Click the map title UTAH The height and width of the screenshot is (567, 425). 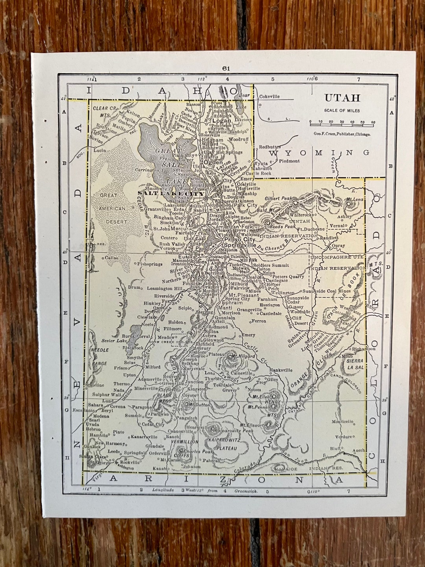[x=342, y=98]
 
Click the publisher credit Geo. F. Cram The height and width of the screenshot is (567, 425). [x=342, y=134]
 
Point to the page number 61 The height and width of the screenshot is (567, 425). [x=226, y=68]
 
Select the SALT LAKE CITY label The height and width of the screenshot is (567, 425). [x=172, y=193]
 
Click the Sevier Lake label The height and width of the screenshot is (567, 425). [x=114, y=341]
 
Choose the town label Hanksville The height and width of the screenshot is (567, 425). [x=281, y=370]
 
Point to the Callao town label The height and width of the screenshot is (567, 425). [x=111, y=258]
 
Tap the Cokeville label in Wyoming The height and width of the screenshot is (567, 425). [x=269, y=96]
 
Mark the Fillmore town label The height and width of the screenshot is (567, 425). [x=172, y=328]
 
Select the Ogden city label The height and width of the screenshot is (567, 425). [x=213, y=162]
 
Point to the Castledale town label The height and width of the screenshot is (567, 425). [x=270, y=313]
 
